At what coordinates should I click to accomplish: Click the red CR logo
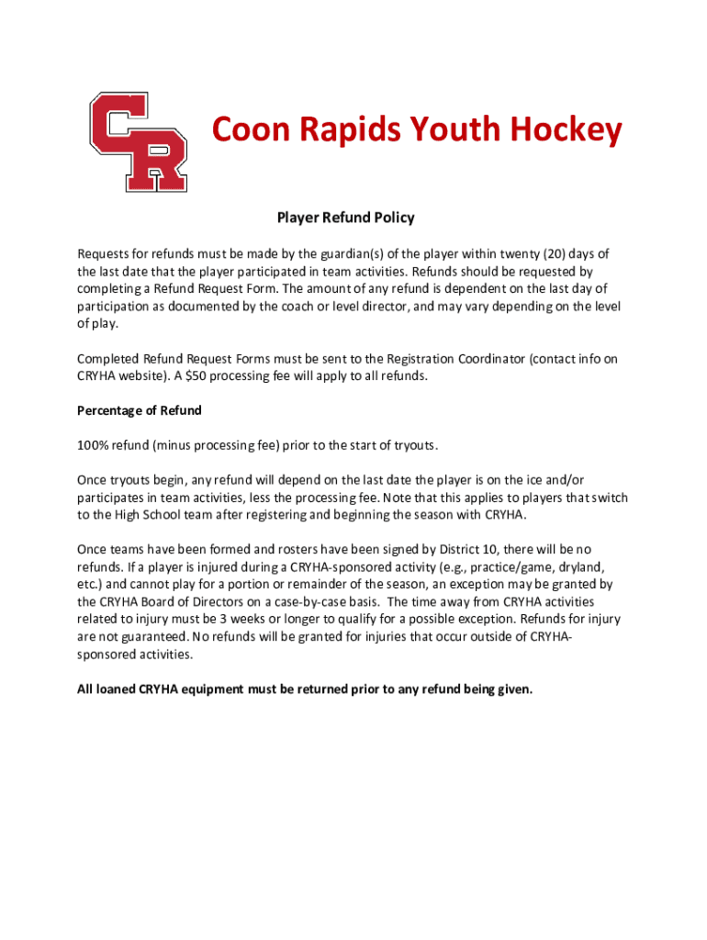pyautogui.click(x=138, y=141)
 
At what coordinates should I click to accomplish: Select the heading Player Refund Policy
pyautogui.click(x=346, y=218)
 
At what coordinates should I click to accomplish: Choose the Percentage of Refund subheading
pyautogui.click(x=139, y=410)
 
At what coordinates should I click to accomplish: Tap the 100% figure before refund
pyautogui.click(x=93, y=445)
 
